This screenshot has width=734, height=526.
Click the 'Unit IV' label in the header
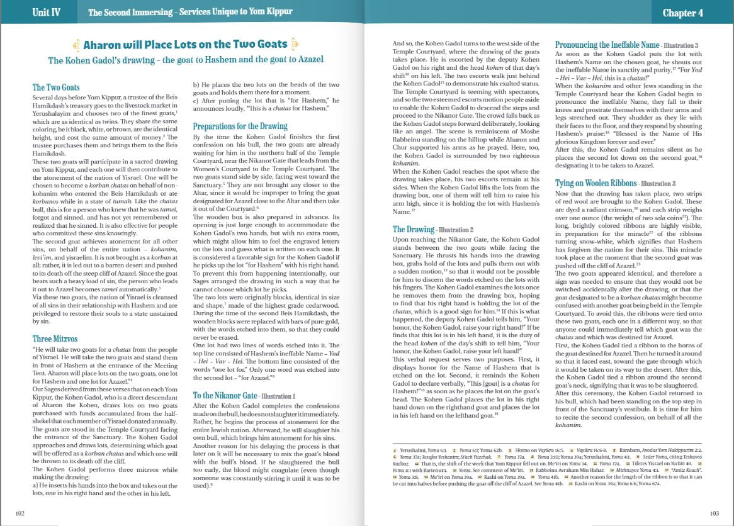(46, 13)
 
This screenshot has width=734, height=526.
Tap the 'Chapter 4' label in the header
(682, 13)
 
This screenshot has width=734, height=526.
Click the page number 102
(20, 513)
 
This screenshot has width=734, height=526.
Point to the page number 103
(714, 513)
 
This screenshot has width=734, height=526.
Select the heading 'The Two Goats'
(56, 87)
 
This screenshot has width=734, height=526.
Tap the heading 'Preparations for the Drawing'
(240, 126)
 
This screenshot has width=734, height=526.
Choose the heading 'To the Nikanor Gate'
(225, 395)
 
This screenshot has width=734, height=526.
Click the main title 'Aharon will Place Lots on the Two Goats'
(186, 44)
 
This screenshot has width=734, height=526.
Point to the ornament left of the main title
(77, 44)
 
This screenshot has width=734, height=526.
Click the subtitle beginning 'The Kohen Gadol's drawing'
(186, 60)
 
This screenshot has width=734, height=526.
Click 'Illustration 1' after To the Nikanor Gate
(278, 396)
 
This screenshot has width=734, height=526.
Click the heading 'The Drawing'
(414, 230)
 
